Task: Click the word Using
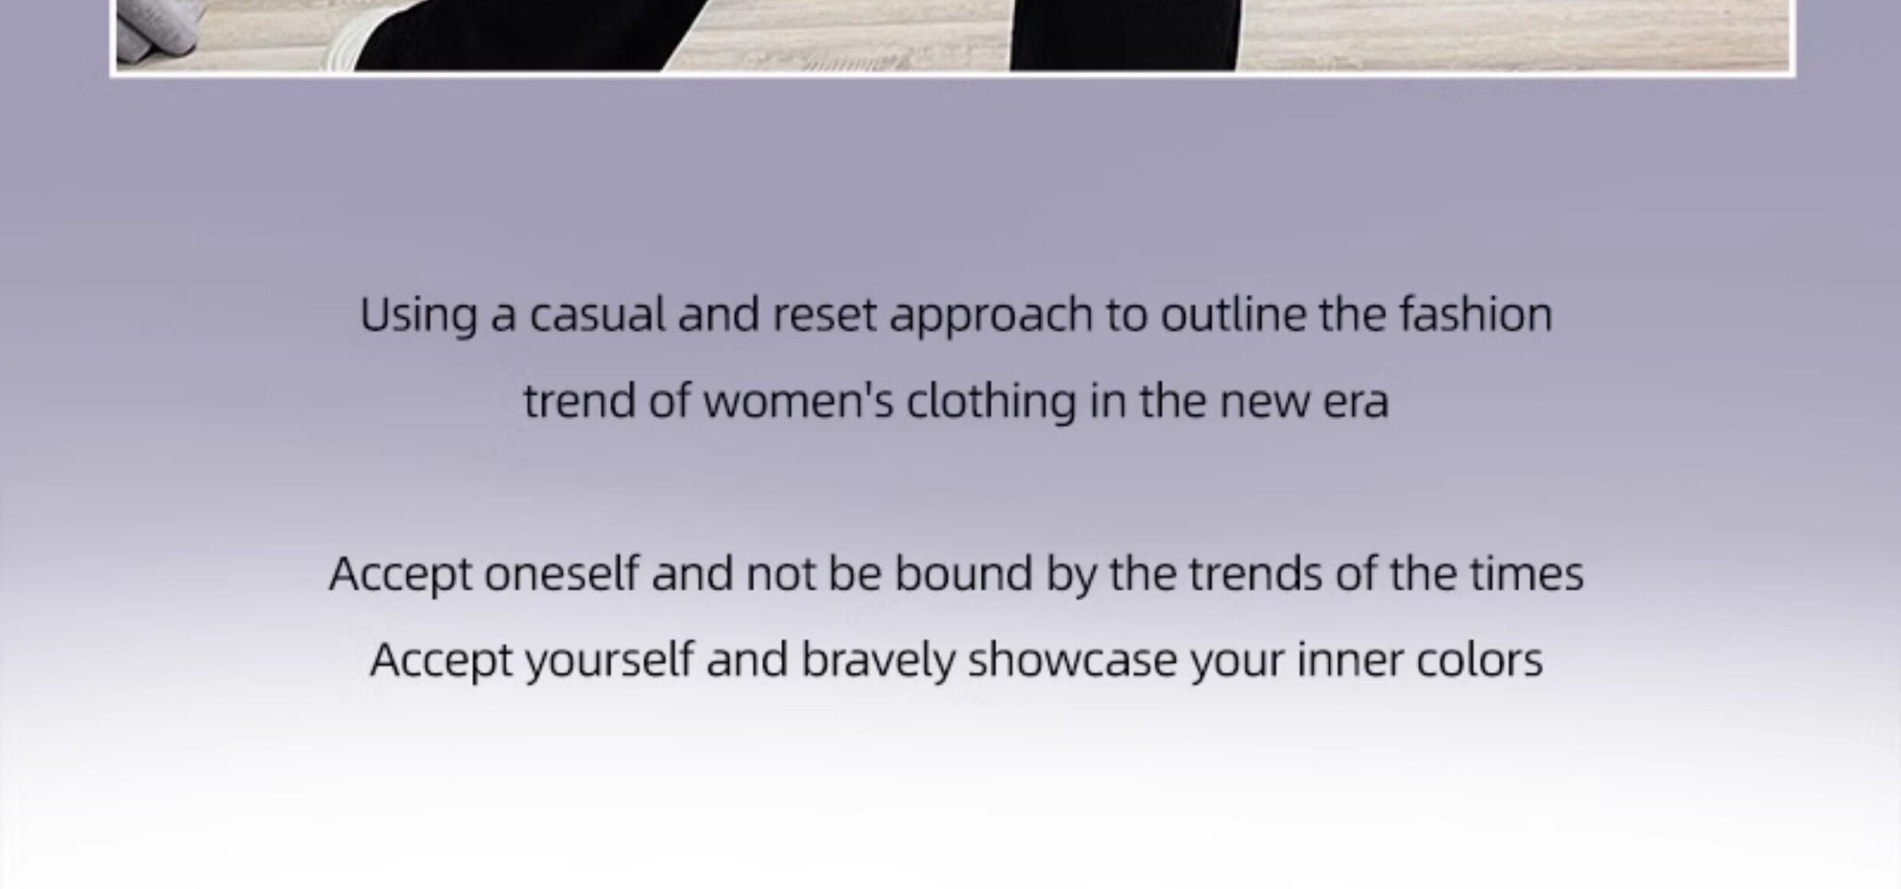(x=419, y=317)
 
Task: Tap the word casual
(x=597, y=314)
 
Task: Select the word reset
(x=824, y=315)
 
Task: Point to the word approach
(x=990, y=317)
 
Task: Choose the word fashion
(x=1476, y=314)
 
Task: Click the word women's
(x=798, y=401)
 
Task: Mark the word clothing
(x=991, y=402)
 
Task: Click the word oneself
(x=561, y=573)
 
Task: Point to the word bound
(x=964, y=573)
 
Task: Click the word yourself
(x=609, y=660)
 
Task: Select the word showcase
(x=1072, y=660)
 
